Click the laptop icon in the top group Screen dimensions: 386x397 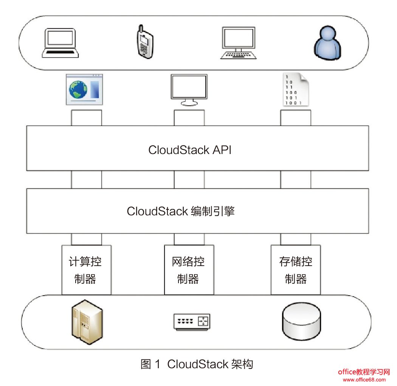tap(60, 43)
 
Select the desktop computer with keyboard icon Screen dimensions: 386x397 tap(238, 43)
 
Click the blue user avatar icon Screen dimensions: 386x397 tap(327, 43)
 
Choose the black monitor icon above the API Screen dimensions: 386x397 tap(189, 90)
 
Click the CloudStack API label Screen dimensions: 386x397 tap(190, 150)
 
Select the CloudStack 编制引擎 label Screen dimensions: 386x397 tap(181, 211)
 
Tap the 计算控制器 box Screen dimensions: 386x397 tap(86, 270)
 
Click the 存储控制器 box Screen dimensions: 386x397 tap(296, 270)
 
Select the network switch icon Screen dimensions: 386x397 tap(191, 321)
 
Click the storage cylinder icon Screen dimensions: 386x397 tap(301, 321)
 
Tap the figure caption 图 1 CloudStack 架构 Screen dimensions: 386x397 tap(197, 364)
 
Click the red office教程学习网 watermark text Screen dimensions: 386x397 tap(363, 372)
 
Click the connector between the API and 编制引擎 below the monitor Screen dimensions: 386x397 tap(189, 179)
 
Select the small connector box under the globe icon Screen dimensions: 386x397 tap(86, 118)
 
